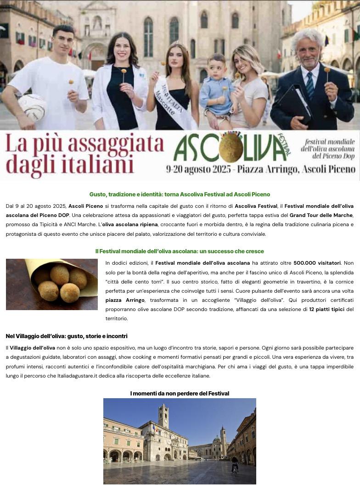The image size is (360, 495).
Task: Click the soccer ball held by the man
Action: pos(32,107)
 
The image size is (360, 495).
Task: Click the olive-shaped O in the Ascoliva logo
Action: pos(231,148)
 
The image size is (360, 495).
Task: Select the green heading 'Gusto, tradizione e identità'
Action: pos(180,195)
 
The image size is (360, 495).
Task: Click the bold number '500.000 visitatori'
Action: pos(317,263)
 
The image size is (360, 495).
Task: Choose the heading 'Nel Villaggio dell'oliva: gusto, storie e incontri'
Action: pos(67,336)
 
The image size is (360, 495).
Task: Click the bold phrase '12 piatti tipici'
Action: pos(326,309)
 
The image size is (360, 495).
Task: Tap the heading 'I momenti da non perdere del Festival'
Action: pos(180,394)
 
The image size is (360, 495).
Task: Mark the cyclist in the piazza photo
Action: pos(235,465)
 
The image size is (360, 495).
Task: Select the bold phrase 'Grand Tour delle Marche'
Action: pos(321,215)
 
